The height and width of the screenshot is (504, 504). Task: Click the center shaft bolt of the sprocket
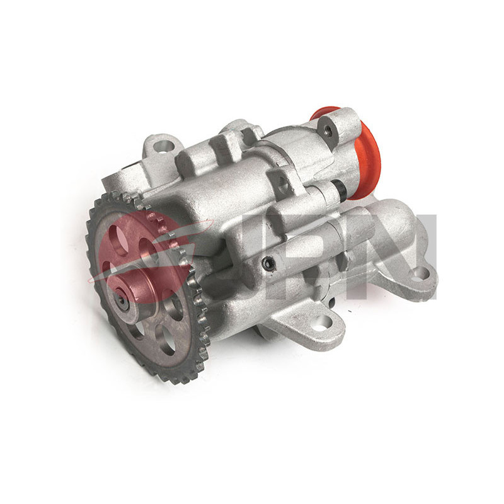(122, 302)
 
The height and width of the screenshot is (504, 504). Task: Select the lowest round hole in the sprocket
(165, 338)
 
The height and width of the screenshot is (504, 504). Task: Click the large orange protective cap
(367, 160)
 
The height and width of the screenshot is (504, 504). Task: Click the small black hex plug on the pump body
(268, 264)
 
